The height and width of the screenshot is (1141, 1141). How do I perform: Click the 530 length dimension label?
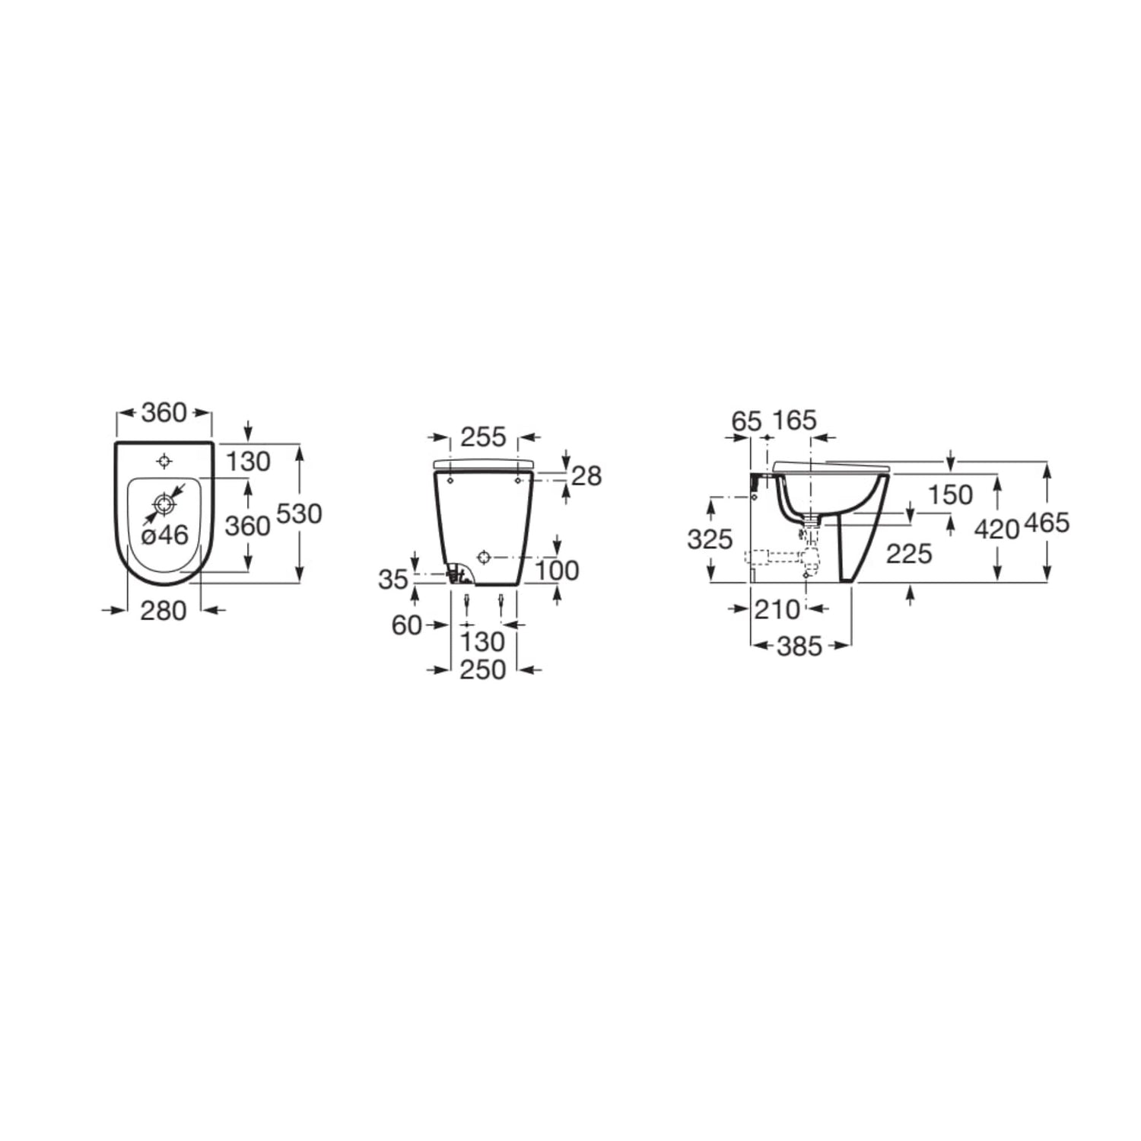click(x=298, y=514)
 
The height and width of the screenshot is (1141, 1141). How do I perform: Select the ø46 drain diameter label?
click(x=165, y=535)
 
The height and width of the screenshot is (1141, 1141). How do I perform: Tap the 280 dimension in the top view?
click(x=164, y=610)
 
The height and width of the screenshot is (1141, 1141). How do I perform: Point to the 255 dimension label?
click(x=483, y=437)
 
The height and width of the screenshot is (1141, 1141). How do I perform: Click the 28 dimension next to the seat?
click(x=586, y=476)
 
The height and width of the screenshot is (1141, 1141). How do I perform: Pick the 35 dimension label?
click(x=393, y=580)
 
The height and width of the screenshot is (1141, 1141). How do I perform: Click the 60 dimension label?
click(x=407, y=625)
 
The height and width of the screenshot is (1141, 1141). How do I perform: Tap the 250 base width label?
click(x=482, y=669)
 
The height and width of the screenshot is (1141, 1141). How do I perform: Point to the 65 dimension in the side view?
click(x=746, y=420)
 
